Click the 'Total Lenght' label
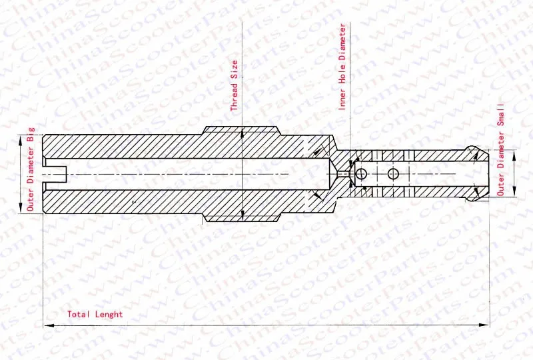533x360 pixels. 95,314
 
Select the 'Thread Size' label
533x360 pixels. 235,86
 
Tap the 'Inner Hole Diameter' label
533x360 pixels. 342,67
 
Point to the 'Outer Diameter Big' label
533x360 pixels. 31,169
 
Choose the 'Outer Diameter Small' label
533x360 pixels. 501,149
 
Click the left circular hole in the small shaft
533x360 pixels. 361,174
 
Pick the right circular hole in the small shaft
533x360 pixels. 393,174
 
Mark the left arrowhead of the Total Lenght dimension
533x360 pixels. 49,325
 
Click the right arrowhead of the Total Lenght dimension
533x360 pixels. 484,325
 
